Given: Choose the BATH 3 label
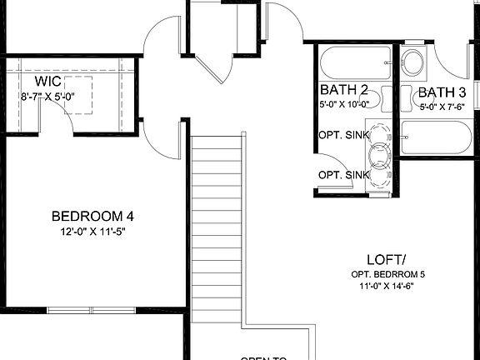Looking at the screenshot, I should (442, 92).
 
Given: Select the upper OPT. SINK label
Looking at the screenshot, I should (343, 133).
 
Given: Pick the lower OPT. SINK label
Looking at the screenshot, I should (343, 174).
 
